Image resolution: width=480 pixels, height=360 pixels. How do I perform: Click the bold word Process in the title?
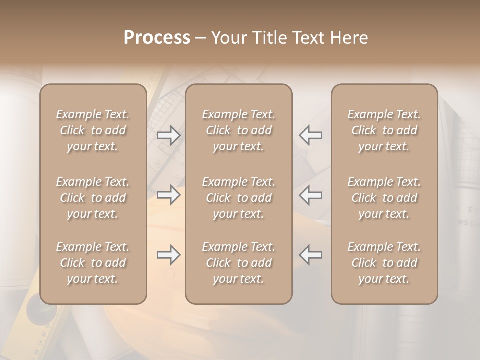click(157, 38)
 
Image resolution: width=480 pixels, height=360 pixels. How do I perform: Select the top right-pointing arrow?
click(169, 135)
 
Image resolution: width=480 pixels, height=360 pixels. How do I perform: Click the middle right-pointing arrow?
click(169, 194)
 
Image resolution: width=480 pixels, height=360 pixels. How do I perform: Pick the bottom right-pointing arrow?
click(169, 255)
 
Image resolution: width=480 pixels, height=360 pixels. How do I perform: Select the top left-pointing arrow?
click(310, 135)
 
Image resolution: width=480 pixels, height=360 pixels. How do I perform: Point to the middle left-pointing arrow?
click(310, 194)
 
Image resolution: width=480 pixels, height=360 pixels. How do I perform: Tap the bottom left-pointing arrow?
click(310, 255)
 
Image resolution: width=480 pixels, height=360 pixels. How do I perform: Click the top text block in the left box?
click(93, 130)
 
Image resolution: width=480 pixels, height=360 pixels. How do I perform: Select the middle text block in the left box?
click(93, 198)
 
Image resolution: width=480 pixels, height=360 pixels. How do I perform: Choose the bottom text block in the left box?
click(93, 263)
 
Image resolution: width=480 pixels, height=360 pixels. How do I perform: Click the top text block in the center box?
click(238, 130)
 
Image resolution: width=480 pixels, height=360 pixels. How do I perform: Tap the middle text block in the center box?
click(238, 198)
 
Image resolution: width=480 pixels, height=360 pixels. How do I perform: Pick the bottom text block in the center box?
click(238, 263)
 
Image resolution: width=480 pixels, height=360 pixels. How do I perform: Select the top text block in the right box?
click(384, 130)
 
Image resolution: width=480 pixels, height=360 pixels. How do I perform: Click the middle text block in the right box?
click(384, 198)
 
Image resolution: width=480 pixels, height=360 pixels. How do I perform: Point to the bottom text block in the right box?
click(384, 263)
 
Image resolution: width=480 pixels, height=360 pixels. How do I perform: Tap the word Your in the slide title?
click(228, 38)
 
